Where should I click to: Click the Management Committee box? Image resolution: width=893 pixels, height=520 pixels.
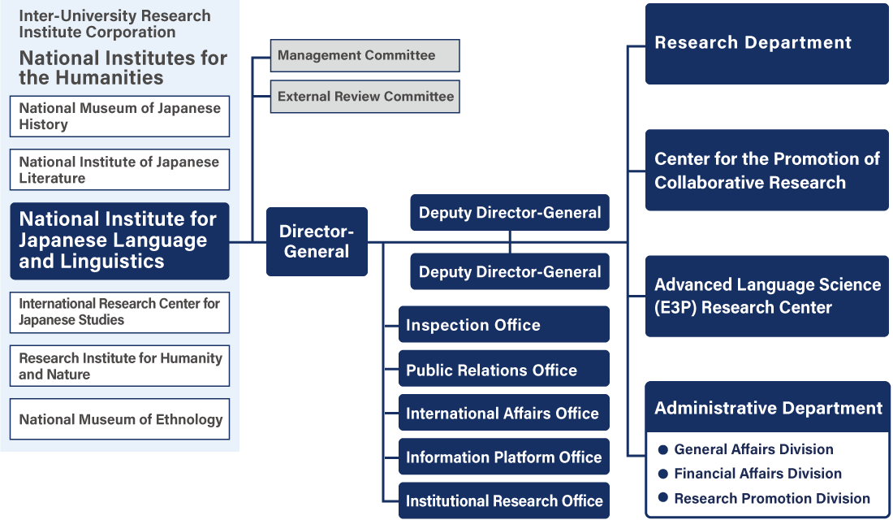pos(365,55)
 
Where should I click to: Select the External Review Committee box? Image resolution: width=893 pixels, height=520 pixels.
pos(365,96)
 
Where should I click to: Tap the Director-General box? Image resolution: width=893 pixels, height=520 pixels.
pos(317,241)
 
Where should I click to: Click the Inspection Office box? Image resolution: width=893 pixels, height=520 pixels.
pos(503,325)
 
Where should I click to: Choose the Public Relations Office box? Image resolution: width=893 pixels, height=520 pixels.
pos(503,370)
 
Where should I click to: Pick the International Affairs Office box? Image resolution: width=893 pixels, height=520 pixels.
pos(503,414)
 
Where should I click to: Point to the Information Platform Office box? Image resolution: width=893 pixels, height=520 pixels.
pos(503,457)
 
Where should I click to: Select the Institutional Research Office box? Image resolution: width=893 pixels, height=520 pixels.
pos(503,501)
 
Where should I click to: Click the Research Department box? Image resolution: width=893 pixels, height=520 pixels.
pos(766,43)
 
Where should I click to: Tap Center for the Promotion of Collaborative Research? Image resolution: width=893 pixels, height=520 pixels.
pos(766,171)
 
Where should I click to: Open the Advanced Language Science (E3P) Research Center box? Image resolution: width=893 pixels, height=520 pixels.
pos(766,296)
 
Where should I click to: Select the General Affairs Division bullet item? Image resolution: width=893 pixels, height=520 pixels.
pos(753,449)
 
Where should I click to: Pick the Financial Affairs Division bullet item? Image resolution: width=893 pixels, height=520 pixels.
pos(757,474)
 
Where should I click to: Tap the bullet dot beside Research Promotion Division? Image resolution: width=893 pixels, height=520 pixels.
pos(663,498)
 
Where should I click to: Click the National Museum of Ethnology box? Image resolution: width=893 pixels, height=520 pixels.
pos(120,419)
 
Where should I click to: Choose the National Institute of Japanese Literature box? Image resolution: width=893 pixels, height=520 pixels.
pos(120,170)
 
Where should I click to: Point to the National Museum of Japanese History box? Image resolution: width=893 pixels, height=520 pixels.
pos(120,116)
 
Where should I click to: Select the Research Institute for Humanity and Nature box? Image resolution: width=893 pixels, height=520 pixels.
pos(120,366)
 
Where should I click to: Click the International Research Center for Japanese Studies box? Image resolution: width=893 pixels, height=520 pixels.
pos(120,312)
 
